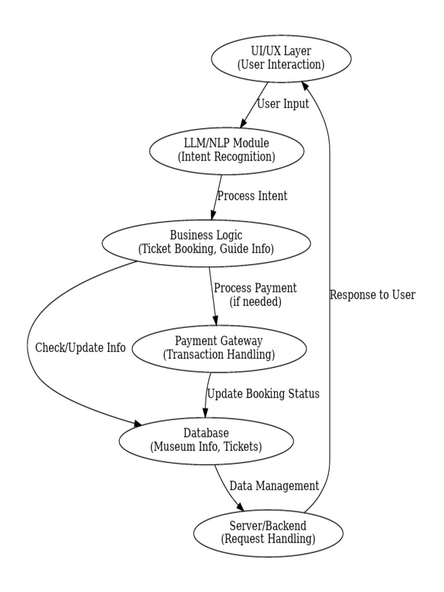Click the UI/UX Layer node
[x=280, y=58]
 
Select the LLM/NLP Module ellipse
[x=227, y=150]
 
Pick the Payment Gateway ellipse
[x=219, y=348]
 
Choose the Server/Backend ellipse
[x=268, y=532]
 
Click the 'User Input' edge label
[x=283, y=105]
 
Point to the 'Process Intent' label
[x=251, y=196]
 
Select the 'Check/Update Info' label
[x=80, y=348]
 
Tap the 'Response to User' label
[x=372, y=295]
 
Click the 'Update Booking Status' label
[x=263, y=394]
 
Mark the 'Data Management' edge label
[x=274, y=486]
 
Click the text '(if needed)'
[x=254, y=301]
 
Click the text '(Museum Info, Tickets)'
[x=206, y=446]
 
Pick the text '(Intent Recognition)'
[x=227, y=157]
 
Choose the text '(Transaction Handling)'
[x=219, y=354]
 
